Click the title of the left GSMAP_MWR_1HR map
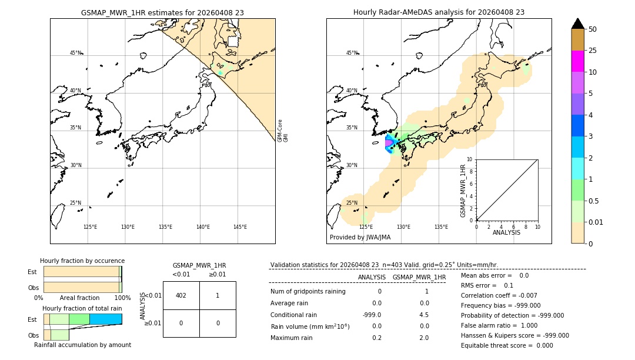[162, 12]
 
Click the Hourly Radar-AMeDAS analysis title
[439, 12]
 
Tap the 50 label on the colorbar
[593, 29]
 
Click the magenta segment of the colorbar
[577, 61]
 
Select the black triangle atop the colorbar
[577, 24]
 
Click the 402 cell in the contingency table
[181, 295]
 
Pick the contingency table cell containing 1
[218, 295]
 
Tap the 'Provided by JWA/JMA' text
[360, 237]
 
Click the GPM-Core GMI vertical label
[283, 131]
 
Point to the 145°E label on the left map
[240, 227]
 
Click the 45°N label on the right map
[352, 54]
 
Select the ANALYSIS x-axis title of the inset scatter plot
[506, 232]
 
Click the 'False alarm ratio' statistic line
[500, 325]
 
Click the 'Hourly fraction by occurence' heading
[82, 261]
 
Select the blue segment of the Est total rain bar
[106, 319]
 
